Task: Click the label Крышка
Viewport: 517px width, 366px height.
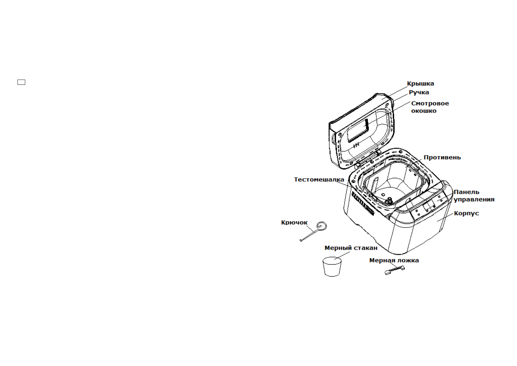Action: click(x=420, y=84)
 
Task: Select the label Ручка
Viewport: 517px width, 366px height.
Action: click(x=419, y=92)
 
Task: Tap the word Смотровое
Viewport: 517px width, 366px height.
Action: click(x=430, y=104)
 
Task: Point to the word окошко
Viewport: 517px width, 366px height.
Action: click(x=424, y=111)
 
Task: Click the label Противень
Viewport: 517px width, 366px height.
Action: click(x=442, y=158)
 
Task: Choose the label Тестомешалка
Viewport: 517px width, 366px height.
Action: click(x=319, y=179)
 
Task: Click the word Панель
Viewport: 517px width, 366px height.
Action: click(x=466, y=192)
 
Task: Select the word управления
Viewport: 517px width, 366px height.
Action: click(x=474, y=199)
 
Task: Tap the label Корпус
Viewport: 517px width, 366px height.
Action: click(x=466, y=213)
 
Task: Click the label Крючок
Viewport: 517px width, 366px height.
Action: click(x=294, y=222)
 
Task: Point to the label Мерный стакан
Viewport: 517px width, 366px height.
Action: click(x=351, y=248)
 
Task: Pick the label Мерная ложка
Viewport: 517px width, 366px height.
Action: click(x=394, y=261)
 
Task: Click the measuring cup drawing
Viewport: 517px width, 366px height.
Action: click(x=332, y=267)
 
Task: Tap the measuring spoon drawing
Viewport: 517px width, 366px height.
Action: click(x=395, y=270)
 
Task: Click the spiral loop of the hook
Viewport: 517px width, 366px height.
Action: click(x=321, y=226)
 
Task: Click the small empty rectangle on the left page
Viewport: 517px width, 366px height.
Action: click(x=21, y=82)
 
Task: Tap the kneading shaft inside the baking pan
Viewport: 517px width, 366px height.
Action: click(x=390, y=200)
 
